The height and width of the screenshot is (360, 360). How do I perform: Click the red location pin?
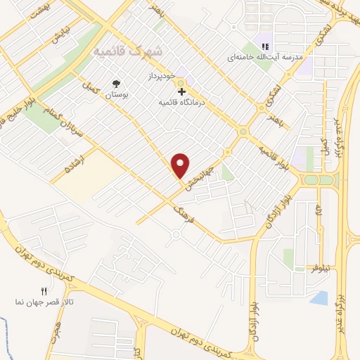[x=181, y=165]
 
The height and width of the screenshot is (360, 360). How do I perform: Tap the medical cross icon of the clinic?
[x=181, y=91]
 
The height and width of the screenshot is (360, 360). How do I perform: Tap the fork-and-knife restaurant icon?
[x=43, y=290]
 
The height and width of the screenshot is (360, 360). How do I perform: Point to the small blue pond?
[x=319, y=297]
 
